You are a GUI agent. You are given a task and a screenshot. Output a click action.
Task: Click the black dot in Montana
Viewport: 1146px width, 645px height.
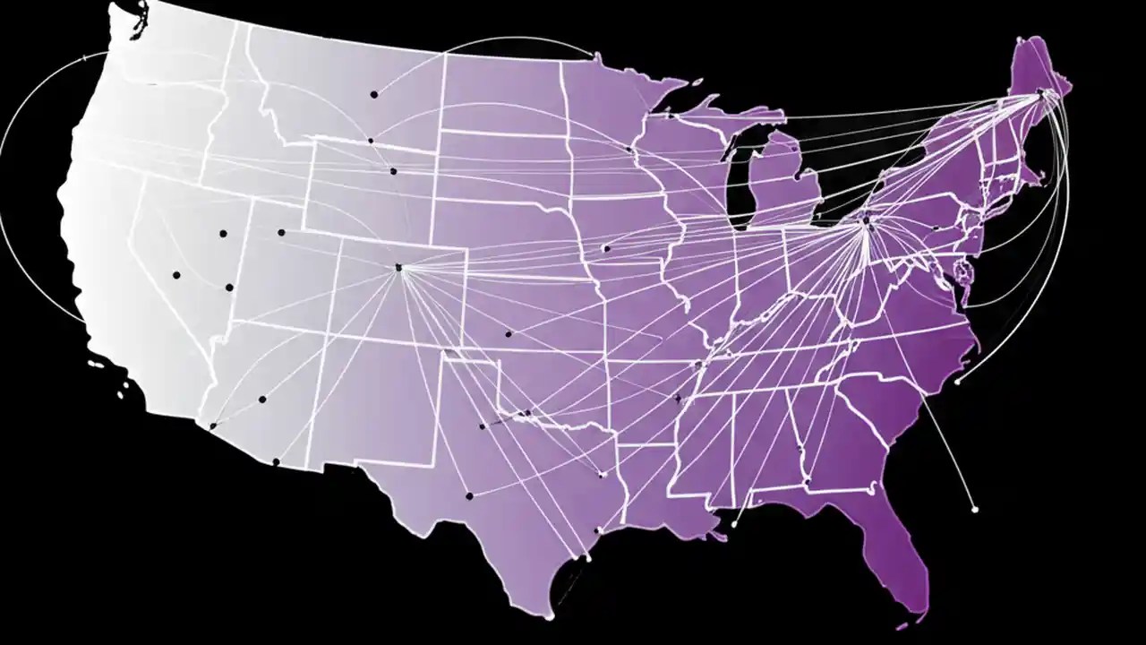coord(373,94)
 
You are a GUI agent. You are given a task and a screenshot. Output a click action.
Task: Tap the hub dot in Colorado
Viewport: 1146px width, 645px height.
coord(399,267)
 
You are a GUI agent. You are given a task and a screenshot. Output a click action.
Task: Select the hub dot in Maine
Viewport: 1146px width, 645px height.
coord(1039,92)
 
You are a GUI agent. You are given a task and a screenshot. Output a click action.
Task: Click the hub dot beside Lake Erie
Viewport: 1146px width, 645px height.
coord(866,219)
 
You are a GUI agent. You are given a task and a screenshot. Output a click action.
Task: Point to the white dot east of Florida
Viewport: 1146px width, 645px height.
coord(975,510)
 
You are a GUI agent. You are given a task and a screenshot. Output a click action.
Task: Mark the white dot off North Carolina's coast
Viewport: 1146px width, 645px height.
coord(958,382)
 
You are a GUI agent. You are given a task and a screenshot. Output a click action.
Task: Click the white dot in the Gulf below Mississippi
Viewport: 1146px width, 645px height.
coord(734,524)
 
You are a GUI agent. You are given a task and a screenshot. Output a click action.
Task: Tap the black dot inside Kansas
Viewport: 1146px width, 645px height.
coord(508,334)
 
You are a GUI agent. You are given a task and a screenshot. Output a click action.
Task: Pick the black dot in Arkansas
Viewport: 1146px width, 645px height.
coord(678,398)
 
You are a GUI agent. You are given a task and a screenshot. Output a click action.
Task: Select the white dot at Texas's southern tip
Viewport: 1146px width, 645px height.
coord(549,617)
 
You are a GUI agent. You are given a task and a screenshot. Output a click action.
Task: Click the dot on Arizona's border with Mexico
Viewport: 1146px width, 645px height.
coord(276,461)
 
